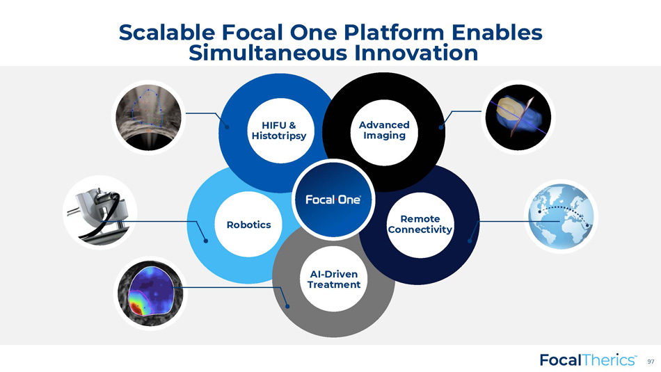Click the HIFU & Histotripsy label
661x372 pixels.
pos(278,130)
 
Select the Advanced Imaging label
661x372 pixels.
pos(384,130)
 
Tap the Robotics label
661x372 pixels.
pos(248,225)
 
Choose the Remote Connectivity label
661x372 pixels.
pos(420,224)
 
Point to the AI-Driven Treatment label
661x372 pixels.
pos(334,280)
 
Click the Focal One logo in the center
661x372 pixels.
pos(333,200)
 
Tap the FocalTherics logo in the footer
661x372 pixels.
pos(589,360)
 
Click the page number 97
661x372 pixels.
pos(651,362)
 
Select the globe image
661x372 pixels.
pos(561,216)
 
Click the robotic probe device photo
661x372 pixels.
pos(100,212)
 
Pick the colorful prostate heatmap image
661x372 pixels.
pos(150,293)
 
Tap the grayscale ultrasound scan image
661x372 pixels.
pos(148,117)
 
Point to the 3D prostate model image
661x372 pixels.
pos(518,117)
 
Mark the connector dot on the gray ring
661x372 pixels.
pos(287,306)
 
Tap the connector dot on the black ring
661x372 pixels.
pos(441,127)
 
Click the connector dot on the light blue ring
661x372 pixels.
pos(206,241)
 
